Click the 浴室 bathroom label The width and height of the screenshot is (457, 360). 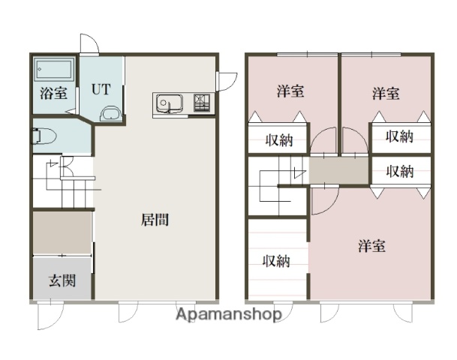[x=53, y=94]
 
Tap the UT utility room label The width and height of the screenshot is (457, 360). [x=101, y=89]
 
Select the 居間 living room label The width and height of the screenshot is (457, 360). [x=154, y=220]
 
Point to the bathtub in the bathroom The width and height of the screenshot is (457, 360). [x=54, y=71]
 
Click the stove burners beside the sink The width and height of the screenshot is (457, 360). [x=202, y=103]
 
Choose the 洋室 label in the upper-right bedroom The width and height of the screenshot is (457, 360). [x=386, y=94]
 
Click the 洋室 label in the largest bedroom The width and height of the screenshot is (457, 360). [x=371, y=245]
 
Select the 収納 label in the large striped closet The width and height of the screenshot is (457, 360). [x=276, y=261]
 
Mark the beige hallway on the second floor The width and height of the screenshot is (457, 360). [x=339, y=171]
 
